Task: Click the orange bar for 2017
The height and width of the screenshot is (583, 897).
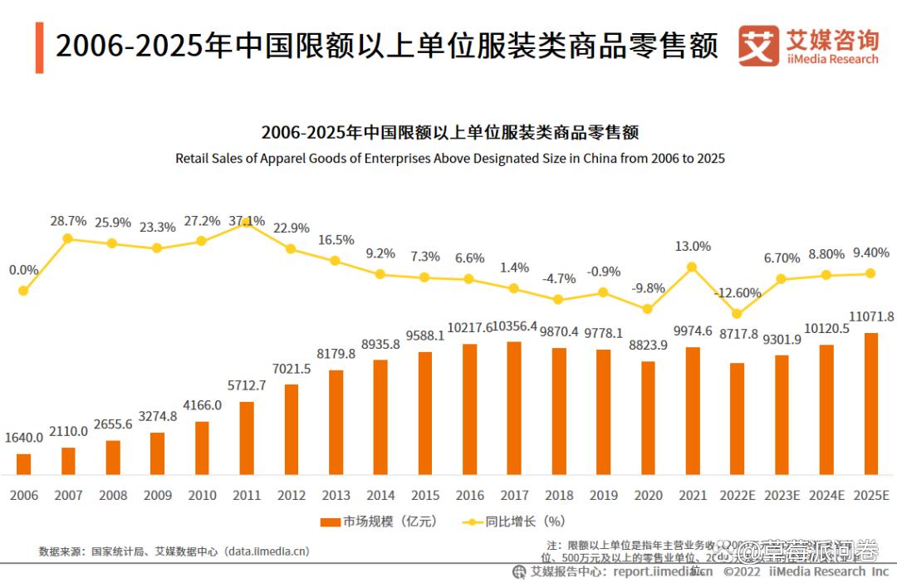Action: point(514,408)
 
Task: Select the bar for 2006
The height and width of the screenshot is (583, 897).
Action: point(23,464)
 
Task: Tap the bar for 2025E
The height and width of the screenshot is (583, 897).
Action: point(870,404)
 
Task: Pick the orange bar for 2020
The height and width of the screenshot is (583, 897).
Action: point(648,418)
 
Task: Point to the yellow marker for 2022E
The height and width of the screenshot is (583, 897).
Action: point(737,313)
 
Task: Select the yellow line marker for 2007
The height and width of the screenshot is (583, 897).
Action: point(68,238)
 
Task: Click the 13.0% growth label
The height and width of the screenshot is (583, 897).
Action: point(693,246)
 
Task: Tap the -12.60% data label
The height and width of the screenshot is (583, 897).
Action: point(738,292)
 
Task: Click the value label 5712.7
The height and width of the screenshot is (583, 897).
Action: point(246,385)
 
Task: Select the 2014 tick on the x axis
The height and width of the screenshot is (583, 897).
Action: point(380,495)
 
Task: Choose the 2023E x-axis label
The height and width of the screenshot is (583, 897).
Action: point(782,495)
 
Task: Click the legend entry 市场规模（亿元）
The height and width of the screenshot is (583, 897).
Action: point(379,522)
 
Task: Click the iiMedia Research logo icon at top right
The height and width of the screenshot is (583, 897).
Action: point(758,46)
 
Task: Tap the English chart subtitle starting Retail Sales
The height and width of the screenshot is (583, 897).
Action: point(449,158)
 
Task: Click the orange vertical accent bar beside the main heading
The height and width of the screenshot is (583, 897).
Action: point(39,47)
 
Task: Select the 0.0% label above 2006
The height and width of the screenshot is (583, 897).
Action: point(23,270)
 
